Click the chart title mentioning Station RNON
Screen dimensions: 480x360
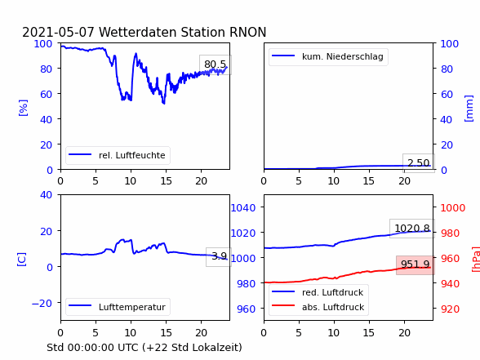[x=144, y=32]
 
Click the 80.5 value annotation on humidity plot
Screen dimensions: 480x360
[x=216, y=64]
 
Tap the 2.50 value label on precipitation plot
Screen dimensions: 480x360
[x=419, y=163]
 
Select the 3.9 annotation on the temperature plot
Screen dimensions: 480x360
[x=219, y=256]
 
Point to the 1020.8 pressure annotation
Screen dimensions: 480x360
[x=412, y=229]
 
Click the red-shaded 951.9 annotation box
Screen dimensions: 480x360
[x=416, y=264]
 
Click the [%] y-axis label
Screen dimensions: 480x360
[x=23, y=108]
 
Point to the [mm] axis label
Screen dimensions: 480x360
[x=469, y=109]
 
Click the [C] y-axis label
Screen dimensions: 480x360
[x=21, y=260]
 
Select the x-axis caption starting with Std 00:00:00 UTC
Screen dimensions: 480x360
[x=144, y=348]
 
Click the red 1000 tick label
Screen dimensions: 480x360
[x=453, y=208]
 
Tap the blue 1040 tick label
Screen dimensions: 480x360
[x=243, y=208]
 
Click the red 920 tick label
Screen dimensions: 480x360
[x=450, y=309]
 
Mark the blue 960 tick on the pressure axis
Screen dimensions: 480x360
[x=247, y=309]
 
